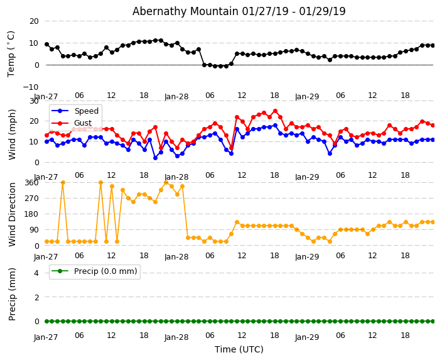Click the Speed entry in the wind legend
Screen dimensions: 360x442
86,111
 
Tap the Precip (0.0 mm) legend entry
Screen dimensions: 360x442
103,271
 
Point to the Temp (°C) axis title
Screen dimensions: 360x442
11,53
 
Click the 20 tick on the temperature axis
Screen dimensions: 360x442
33,21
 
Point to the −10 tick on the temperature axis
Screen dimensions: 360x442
30,87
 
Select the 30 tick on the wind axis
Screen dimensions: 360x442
33,101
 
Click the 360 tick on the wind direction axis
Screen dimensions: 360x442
31,182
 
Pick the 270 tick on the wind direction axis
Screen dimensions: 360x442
31,198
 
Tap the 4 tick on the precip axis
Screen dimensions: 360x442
36,273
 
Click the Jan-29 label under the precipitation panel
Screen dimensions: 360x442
307,337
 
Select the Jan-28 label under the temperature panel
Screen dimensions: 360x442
176,97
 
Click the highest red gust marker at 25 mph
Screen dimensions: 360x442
275,111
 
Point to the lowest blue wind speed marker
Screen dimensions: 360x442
155,158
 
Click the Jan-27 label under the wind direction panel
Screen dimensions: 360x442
46,257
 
